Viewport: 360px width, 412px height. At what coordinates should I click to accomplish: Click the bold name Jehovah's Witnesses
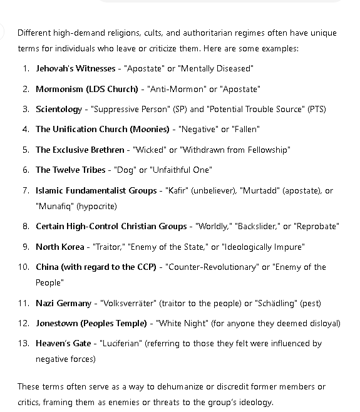pos(75,68)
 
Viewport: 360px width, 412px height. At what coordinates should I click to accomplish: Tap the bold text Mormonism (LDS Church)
pos(86,89)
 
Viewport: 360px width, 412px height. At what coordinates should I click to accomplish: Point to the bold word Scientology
pos(58,109)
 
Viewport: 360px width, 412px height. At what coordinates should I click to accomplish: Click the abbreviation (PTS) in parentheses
pos(316,109)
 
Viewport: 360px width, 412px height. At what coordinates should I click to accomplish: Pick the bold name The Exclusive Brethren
pos(80,150)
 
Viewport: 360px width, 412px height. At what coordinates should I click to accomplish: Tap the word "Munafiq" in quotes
pos(56,206)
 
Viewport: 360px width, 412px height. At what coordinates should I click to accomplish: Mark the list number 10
pos(24,267)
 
